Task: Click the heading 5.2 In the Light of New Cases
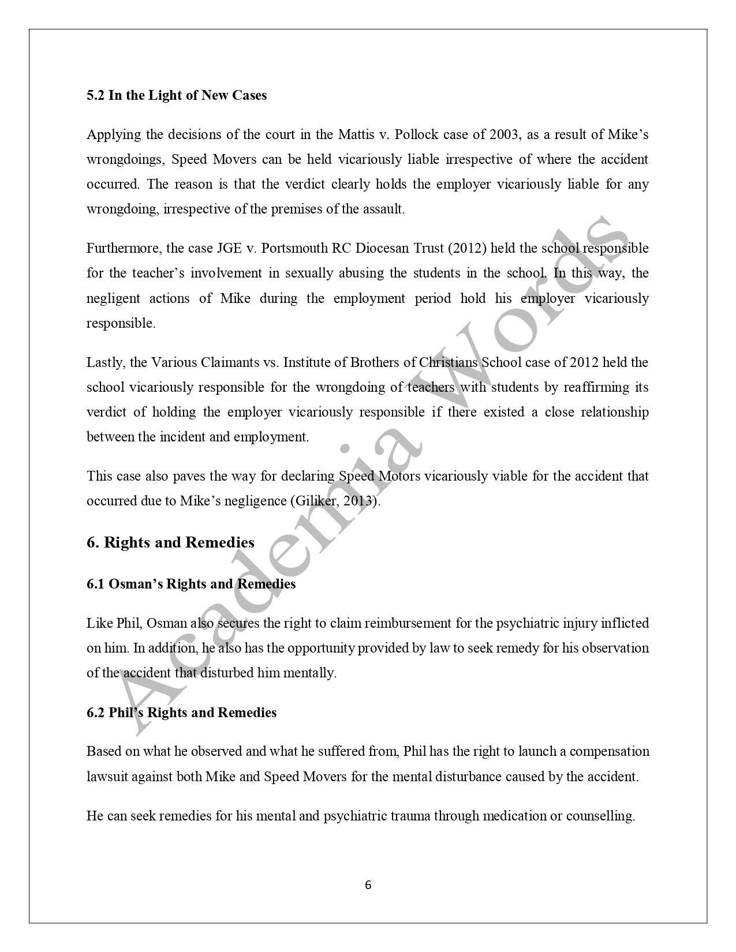[177, 95]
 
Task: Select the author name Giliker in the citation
[316, 501]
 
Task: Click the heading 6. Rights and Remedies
[170, 542]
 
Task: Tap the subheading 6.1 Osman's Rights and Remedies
[191, 584]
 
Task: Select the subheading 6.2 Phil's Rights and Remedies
[181, 713]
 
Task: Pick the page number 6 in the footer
[368, 885]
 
